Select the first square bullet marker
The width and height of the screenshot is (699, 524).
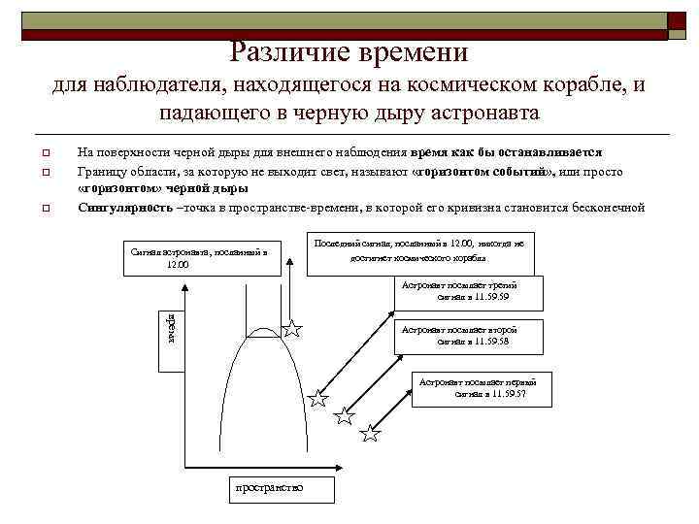[44, 153]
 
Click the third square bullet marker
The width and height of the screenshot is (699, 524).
[44, 209]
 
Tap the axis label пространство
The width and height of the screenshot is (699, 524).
[269, 486]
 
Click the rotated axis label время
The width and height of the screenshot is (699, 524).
[169, 324]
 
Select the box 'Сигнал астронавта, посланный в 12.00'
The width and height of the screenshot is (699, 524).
[195, 257]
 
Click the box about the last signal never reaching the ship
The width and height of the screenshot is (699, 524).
[420, 252]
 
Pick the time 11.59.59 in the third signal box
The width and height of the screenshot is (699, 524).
[491, 297]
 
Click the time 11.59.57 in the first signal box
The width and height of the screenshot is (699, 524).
[502, 394]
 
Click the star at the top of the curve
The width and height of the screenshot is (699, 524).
[292, 329]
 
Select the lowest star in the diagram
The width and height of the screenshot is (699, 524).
[371, 433]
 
